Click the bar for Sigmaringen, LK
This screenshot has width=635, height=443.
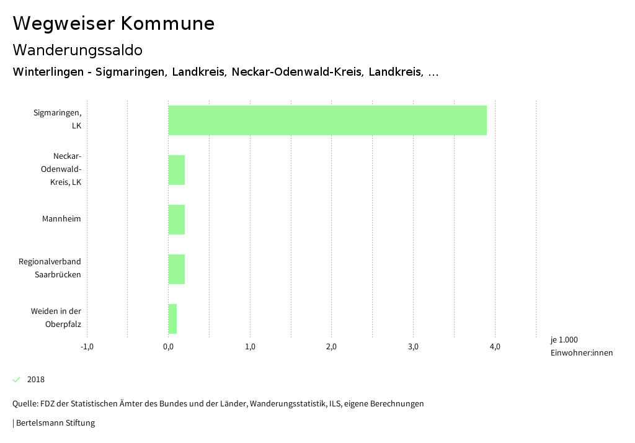pos(327,120)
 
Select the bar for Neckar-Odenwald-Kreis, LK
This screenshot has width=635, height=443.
pos(177,170)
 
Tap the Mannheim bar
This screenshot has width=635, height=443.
pos(177,220)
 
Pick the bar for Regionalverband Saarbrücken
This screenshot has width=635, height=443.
pos(177,269)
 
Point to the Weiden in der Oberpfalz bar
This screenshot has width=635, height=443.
pos(172,319)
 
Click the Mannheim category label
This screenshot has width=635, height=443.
pos(61,219)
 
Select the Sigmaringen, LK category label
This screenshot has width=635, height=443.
pos(58,119)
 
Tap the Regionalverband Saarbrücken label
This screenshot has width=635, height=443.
pos(50,268)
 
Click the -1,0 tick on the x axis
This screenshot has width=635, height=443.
pos(87,347)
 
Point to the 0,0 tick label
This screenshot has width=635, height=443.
pos(168,347)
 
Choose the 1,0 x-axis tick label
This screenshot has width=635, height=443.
pos(250,347)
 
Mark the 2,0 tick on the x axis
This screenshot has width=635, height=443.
pos(331,347)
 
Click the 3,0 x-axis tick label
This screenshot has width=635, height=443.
pos(413,347)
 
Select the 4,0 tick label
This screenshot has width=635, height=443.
pos(495,347)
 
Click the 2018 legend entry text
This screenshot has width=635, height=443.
pos(36,380)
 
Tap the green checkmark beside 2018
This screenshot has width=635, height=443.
pos(17,380)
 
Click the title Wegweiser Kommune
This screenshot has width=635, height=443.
pos(113,24)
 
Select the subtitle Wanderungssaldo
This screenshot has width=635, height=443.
pos(78,50)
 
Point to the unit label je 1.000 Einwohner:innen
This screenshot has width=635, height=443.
pos(581,346)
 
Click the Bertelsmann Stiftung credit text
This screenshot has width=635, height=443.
pos(55,423)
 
